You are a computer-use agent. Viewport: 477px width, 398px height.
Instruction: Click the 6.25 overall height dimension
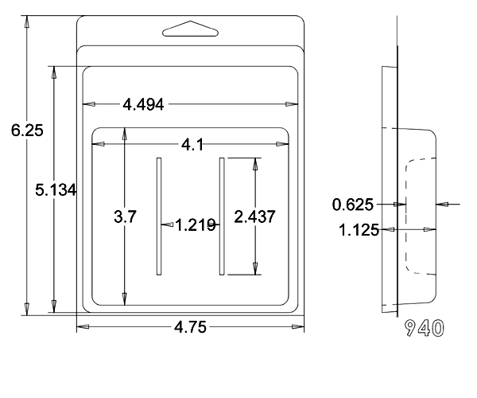pyautogui.click(x=27, y=131)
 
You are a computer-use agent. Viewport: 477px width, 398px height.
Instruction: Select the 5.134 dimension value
pyautogui.click(x=56, y=190)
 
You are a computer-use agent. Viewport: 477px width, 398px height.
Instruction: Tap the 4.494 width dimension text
pyautogui.click(x=143, y=105)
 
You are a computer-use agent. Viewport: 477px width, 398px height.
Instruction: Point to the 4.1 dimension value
pyautogui.click(x=192, y=145)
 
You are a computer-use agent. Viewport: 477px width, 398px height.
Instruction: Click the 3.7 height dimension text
pyautogui.click(x=125, y=217)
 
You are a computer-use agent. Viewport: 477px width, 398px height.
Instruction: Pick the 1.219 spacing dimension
pyautogui.click(x=196, y=225)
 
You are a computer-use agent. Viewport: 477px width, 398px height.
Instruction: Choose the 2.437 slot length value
pyautogui.click(x=254, y=217)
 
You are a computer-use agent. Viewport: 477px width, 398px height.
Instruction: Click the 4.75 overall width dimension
pyautogui.click(x=190, y=327)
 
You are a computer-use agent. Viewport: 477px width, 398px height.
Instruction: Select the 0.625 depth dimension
pyautogui.click(x=352, y=205)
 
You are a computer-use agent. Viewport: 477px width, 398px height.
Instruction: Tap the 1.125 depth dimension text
pyautogui.click(x=359, y=230)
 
